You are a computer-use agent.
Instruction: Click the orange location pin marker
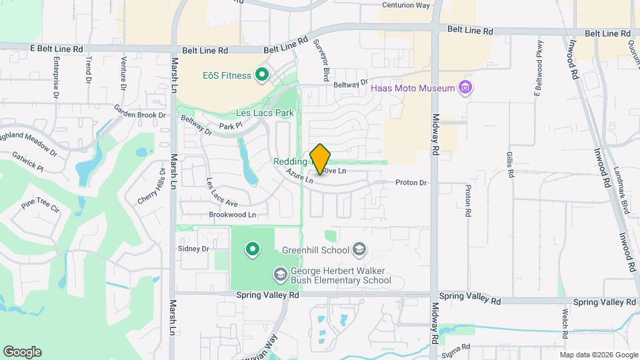[x=321, y=159]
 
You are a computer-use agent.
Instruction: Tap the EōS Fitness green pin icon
[x=262, y=75]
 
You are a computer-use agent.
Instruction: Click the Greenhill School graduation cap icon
[x=360, y=250]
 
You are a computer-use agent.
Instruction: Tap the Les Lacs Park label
[x=265, y=113]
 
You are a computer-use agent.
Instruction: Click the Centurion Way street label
[x=405, y=5]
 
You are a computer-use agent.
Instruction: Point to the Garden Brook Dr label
[x=139, y=114]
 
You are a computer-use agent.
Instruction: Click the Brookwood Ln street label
[x=232, y=215]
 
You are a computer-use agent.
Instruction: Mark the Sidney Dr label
[x=193, y=249]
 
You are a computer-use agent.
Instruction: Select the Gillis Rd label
[x=511, y=163]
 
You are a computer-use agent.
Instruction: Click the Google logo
[x=22, y=352]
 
